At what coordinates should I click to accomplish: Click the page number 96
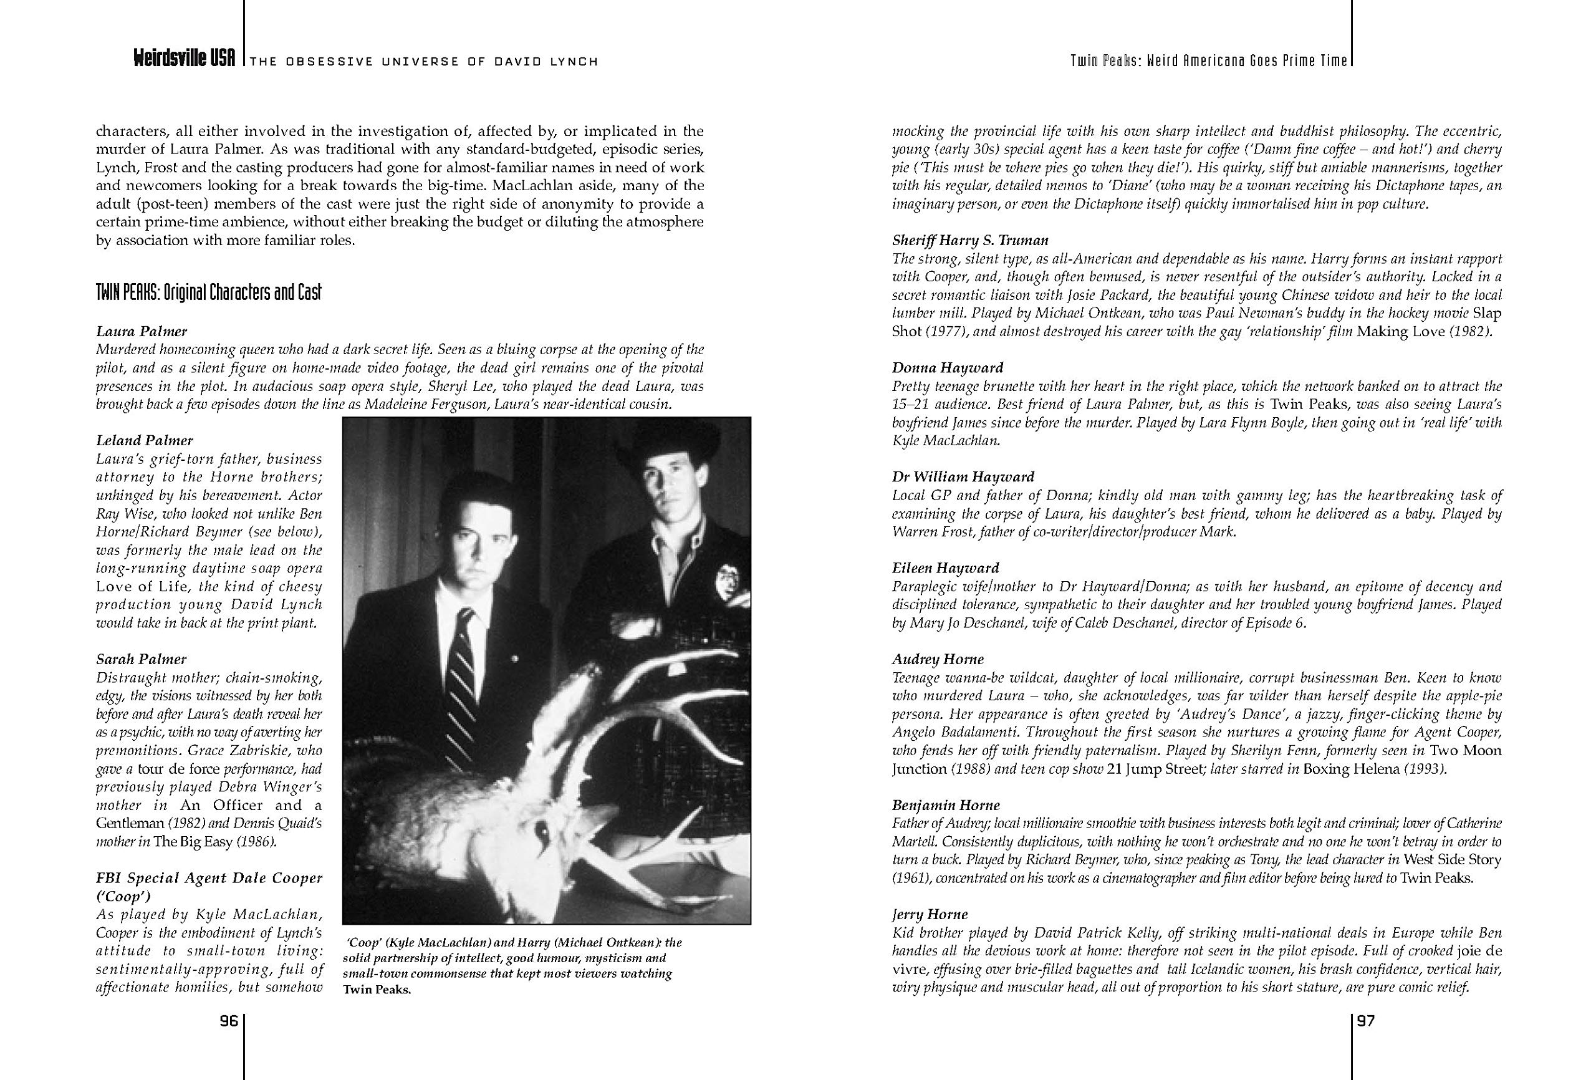[x=228, y=1021]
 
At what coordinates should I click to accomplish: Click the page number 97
[x=1366, y=1021]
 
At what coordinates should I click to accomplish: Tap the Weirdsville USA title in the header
[x=184, y=60]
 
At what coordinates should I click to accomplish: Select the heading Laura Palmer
[x=142, y=331]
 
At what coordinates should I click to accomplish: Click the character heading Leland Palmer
[x=144, y=440]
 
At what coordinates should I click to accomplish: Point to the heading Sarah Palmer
[x=141, y=660]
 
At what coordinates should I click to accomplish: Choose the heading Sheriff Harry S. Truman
[x=970, y=241]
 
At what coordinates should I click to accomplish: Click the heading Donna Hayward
[x=948, y=367]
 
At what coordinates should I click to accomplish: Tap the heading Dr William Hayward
[x=963, y=477]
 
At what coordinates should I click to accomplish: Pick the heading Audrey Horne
[x=938, y=660]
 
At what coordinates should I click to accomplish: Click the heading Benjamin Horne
[x=946, y=805]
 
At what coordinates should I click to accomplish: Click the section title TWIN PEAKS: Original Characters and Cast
[x=209, y=292]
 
